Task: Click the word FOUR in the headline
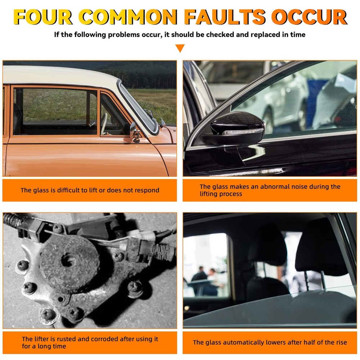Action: pos(43,17)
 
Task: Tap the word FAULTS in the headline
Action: pos(225,17)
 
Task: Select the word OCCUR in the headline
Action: pos(309,17)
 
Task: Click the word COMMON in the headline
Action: pos(128,17)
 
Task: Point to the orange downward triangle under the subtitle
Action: pos(180,48)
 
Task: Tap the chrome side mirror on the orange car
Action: pos(135,132)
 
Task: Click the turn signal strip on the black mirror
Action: pos(242,132)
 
